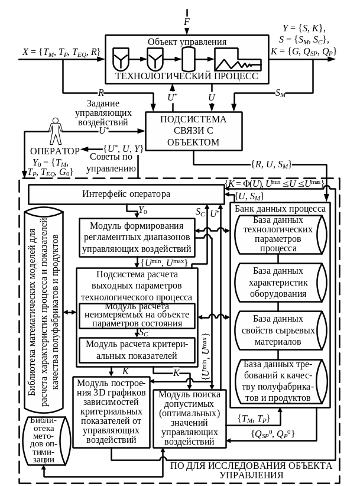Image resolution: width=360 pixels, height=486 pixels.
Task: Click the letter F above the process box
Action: (186, 22)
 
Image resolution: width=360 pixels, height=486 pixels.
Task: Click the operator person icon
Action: (56, 131)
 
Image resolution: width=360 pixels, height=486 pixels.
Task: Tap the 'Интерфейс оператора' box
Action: (126, 194)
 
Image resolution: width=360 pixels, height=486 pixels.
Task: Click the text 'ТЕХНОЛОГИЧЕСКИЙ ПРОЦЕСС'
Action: (186, 76)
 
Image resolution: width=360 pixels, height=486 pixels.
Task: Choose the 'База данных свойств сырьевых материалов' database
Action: (278, 330)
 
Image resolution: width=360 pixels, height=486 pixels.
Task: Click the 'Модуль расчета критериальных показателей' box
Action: (137, 349)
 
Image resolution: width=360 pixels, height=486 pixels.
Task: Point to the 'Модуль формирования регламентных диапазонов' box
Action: (137, 236)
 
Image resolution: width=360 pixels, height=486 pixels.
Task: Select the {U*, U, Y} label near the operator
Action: (123, 149)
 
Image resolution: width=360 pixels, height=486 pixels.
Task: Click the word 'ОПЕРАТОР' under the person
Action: (54, 151)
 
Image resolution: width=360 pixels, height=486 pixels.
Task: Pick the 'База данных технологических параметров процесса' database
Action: (278, 235)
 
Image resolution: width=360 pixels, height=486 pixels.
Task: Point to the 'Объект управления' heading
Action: (187, 42)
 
